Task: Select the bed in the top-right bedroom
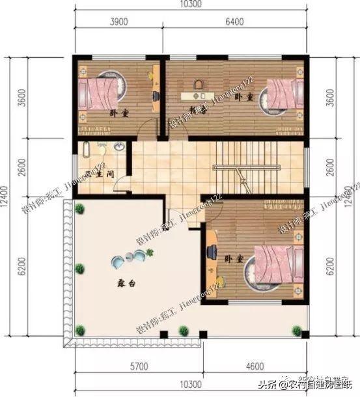tap(281, 98)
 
